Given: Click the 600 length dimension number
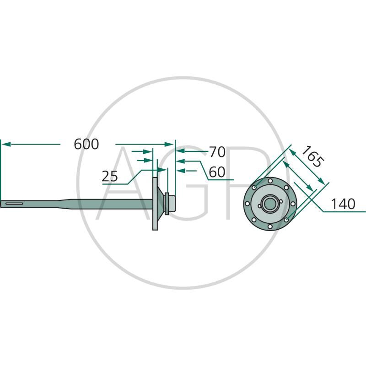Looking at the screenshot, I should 86,144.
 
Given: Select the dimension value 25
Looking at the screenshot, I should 111,176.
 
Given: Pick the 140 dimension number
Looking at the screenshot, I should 343,205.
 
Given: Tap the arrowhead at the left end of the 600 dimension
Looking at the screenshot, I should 5,144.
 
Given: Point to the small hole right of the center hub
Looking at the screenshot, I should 281,204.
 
